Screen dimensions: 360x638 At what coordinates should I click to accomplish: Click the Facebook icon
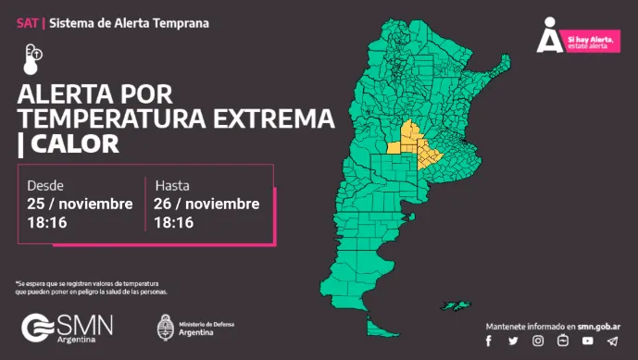click(489, 341)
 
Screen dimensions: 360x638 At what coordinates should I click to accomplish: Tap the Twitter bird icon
click(513, 341)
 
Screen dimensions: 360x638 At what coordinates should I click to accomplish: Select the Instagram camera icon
click(537, 341)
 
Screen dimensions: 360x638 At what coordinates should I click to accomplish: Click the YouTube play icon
click(587, 341)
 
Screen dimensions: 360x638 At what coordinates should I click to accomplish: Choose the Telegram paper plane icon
click(612, 341)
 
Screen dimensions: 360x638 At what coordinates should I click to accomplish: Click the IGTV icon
click(562, 341)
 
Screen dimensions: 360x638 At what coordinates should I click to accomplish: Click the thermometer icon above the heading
click(32, 57)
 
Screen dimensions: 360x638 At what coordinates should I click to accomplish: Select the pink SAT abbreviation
click(26, 21)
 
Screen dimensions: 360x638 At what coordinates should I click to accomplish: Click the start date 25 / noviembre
click(80, 204)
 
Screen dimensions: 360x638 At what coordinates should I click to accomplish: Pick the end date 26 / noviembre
click(207, 204)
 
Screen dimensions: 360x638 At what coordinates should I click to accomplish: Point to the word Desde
click(45, 184)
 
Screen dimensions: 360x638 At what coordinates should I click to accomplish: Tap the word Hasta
click(173, 184)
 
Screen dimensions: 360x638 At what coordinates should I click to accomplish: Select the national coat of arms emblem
click(167, 329)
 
